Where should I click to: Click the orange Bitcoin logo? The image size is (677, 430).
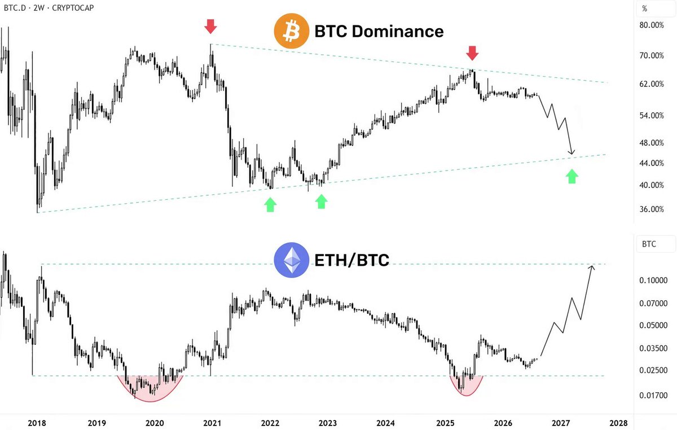(x=291, y=31)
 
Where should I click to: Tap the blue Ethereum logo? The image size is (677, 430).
(x=291, y=260)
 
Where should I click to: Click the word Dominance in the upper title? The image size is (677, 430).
(x=398, y=31)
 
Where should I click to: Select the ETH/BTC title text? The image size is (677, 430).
(x=352, y=260)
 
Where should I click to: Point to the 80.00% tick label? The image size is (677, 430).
(x=652, y=25)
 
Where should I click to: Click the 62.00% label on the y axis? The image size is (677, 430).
(x=652, y=84)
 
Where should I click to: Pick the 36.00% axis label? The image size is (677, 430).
(x=652, y=209)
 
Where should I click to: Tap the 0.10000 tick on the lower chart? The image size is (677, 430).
(x=653, y=280)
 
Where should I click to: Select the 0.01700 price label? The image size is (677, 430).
(x=653, y=395)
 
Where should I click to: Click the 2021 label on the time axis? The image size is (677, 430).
(x=212, y=423)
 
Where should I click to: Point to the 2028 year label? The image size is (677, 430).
(x=618, y=423)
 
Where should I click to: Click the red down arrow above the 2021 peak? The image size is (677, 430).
(x=210, y=27)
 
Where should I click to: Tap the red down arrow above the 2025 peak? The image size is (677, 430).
(x=472, y=53)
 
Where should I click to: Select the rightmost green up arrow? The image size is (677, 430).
(x=572, y=176)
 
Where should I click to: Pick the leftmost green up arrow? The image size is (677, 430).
(x=270, y=205)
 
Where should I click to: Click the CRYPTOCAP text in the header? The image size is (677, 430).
(x=73, y=8)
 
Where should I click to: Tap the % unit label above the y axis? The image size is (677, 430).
(x=645, y=8)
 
